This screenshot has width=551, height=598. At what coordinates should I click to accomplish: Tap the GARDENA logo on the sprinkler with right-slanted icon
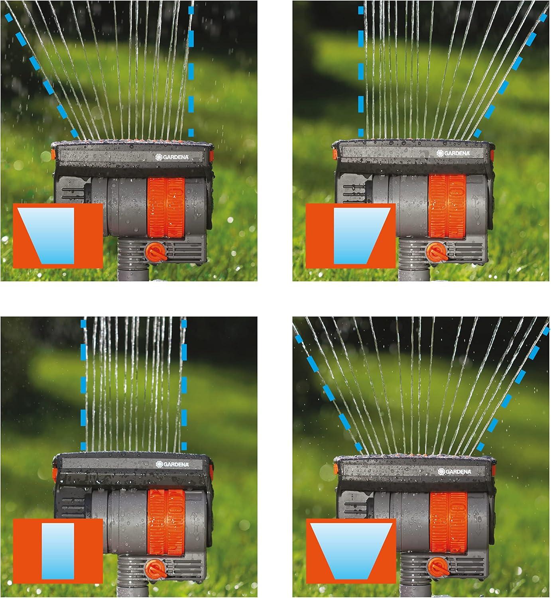click(453, 153)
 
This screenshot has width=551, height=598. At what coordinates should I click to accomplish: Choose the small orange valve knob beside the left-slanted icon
click(154, 252)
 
